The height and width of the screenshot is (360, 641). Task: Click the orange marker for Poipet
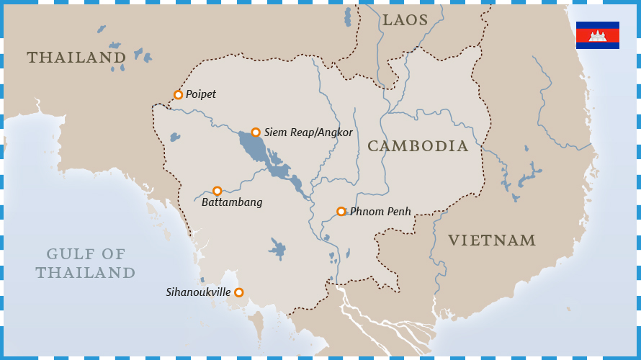(x=178, y=94)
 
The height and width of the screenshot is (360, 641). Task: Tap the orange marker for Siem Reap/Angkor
(x=256, y=132)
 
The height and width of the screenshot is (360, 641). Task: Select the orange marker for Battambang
(x=217, y=191)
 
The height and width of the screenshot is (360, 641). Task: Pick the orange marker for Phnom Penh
(x=341, y=212)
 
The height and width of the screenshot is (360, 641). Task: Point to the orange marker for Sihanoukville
(x=239, y=292)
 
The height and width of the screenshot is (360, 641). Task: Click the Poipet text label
(x=201, y=94)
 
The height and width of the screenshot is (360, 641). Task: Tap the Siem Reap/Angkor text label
(x=308, y=132)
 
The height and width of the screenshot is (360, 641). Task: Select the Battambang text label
(x=232, y=202)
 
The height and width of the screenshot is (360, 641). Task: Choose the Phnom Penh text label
(x=380, y=212)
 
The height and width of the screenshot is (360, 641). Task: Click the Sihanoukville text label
(x=198, y=292)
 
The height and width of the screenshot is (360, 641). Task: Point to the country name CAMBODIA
(x=418, y=146)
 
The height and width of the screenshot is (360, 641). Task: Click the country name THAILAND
(x=76, y=58)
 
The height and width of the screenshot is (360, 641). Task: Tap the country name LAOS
(x=405, y=20)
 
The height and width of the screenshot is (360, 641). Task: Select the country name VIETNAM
(x=492, y=240)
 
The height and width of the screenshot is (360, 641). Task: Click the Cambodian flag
(x=598, y=35)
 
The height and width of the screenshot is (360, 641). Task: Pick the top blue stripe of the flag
(x=598, y=25)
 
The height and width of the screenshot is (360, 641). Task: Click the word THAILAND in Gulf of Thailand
(x=86, y=273)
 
